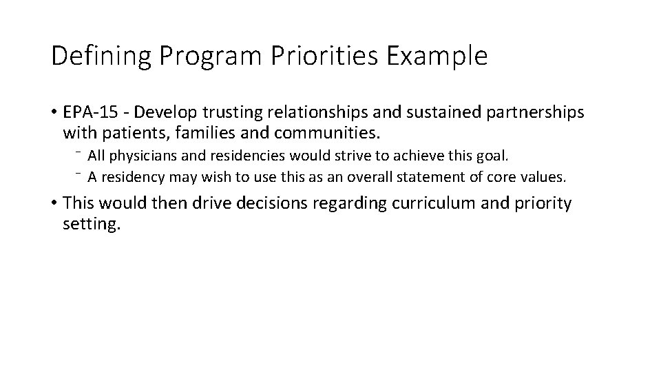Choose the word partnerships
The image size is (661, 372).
pos(527,112)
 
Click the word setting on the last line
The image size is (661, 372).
pos(90,224)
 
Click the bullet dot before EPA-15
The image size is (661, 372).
pos(54,112)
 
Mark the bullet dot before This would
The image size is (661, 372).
pos(54,205)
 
